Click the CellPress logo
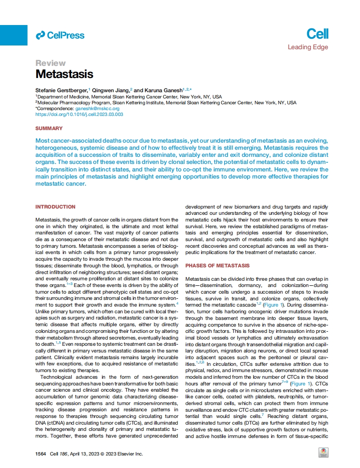60,35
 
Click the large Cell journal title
317,33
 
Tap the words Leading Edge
307,47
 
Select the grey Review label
50,63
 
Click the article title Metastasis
64,74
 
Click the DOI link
79,114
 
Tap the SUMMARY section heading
49,128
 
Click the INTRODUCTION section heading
55,207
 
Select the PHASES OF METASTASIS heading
217,266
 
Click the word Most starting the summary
43,141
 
